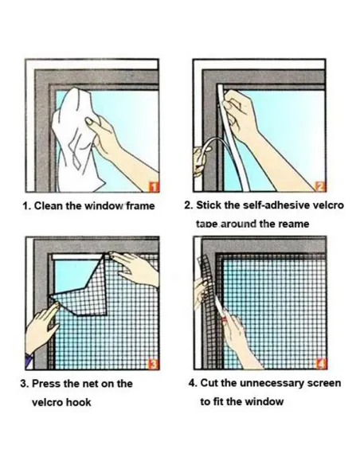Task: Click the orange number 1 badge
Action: (x=153, y=186)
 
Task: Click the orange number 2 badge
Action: (x=320, y=186)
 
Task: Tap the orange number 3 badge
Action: (x=153, y=364)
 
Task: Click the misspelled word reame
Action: (x=294, y=224)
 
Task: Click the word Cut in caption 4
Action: (x=209, y=383)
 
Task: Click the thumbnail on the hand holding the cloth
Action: (x=90, y=121)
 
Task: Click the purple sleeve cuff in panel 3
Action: (x=28, y=361)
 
